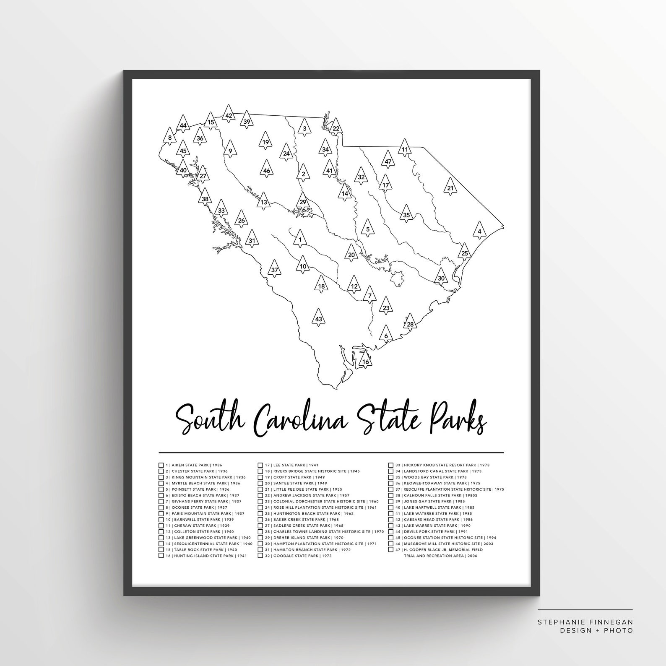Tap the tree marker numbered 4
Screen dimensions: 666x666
pyautogui.click(x=480, y=230)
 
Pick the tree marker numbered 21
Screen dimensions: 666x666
pyautogui.click(x=450, y=187)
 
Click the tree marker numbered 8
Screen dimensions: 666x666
pyautogui.click(x=170, y=136)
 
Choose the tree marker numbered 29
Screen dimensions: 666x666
pyautogui.click(x=303, y=201)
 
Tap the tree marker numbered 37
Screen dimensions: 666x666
pyautogui.click(x=274, y=269)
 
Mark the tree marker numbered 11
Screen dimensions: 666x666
pyautogui.click(x=404, y=148)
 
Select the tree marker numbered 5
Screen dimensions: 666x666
pyautogui.click(x=368, y=228)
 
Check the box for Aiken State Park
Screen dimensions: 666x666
pyautogui.click(x=161, y=465)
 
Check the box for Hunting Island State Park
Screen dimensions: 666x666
pyautogui.click(x=161, y=556)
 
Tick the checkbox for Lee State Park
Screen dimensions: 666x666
pyautogui.click(x=260, y=465)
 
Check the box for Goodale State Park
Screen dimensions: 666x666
pyautogui.click(x=260, y=556)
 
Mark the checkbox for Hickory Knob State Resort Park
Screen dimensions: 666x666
pyautogui.click(x=391, y=465)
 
